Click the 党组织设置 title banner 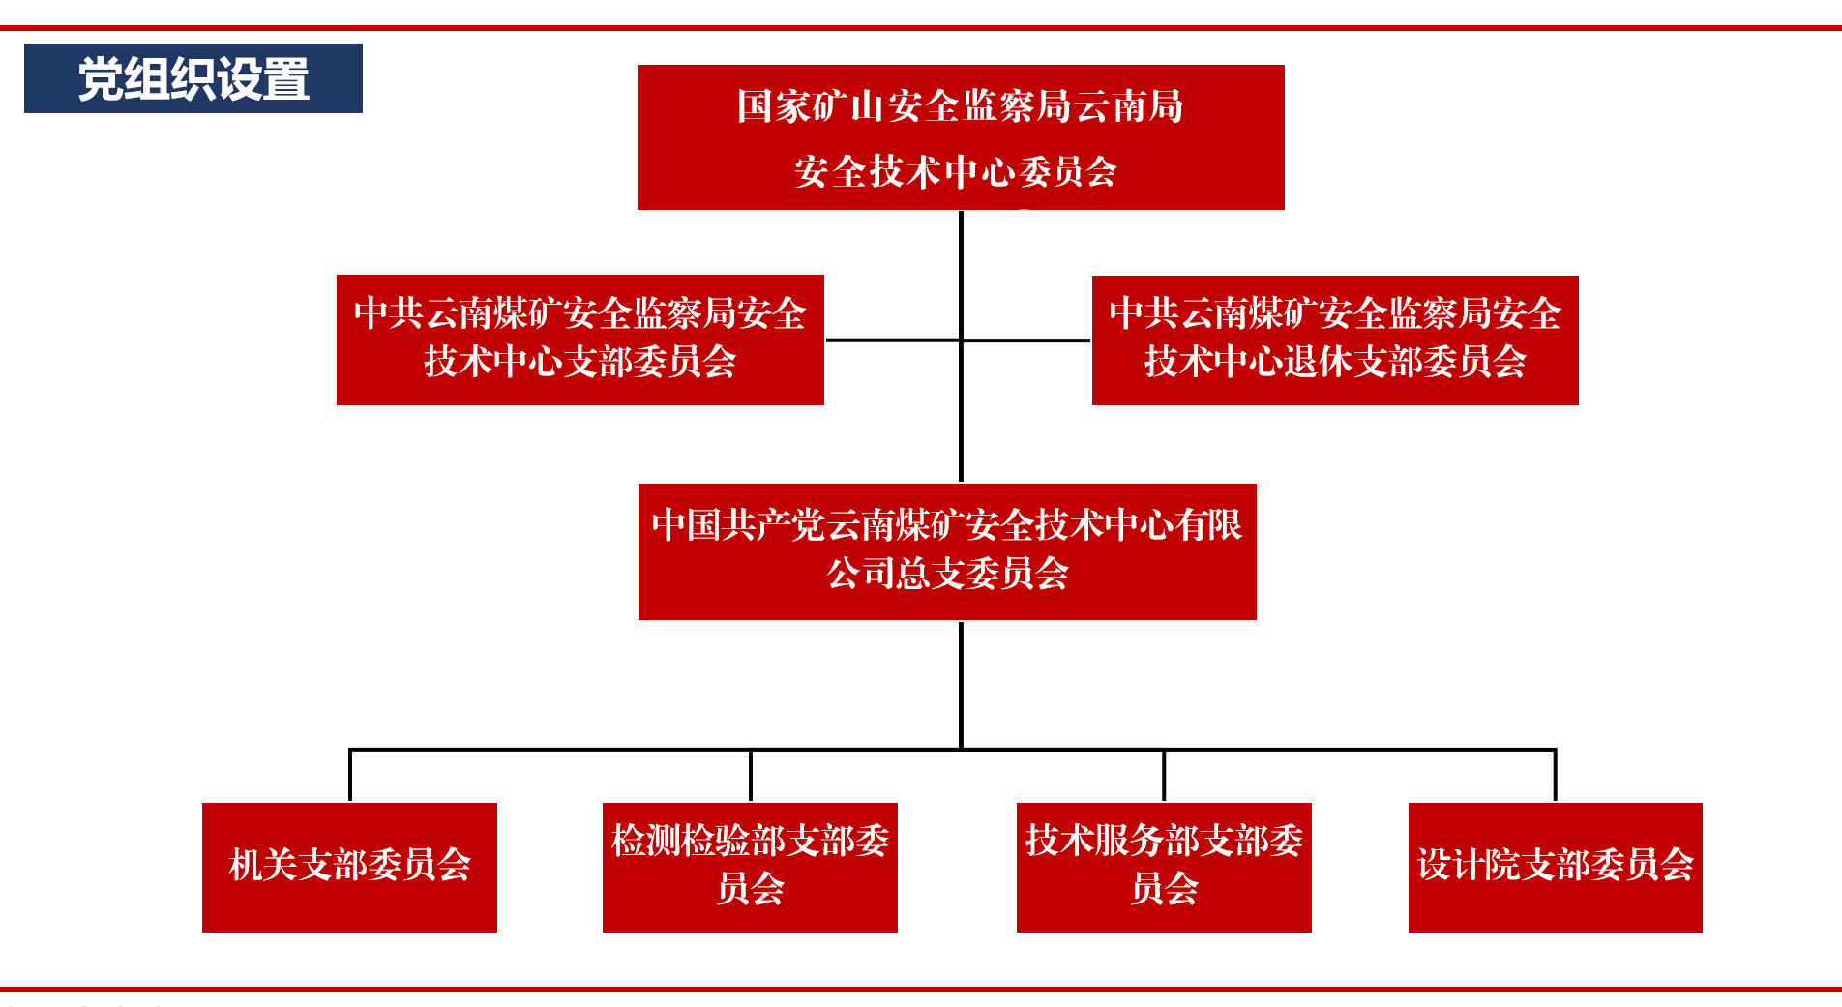(193, 78)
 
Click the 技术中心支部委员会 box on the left (579, 340)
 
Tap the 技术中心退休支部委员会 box (1335, 340)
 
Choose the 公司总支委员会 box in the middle (947, 551)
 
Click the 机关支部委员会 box (349, 867)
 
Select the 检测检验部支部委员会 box (750, 867)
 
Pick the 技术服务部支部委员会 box (1164, 867)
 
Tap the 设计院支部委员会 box (1555, 867)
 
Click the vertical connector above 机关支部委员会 (350, 775)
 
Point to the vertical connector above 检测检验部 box (751, 775)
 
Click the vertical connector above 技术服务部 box (1164, 775)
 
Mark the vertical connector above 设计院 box (1555, 775)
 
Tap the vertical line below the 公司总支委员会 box (961, 683)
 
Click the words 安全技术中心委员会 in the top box (956, 172)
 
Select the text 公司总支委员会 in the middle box (947, 574)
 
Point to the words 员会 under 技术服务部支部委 (1164, 888)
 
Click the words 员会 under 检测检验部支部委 (750, 888)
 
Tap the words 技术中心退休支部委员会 (1335, 362)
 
